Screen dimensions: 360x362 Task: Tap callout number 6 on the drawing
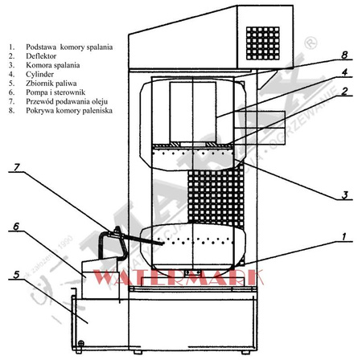16,228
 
